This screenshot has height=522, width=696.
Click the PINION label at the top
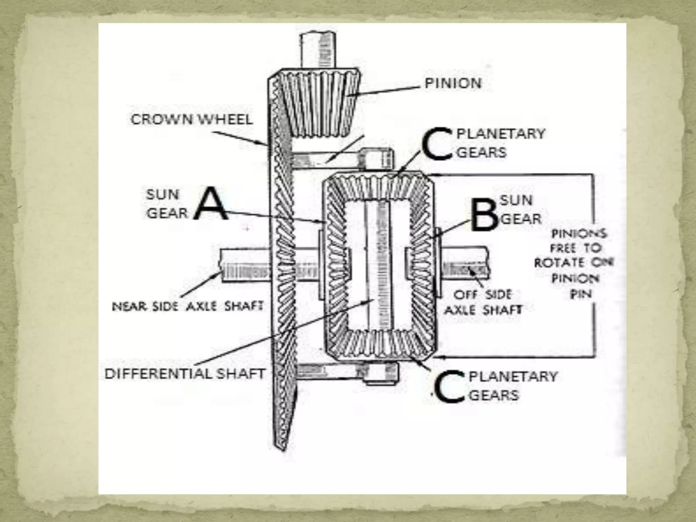(x=453, y=83)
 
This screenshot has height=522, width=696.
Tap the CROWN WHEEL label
(x=192, y=120)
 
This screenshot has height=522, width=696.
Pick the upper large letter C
(x=437, y=143)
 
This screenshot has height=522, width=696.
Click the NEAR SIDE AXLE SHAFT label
(x=188, y=307)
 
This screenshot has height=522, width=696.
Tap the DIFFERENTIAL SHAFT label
(x=185, y=374)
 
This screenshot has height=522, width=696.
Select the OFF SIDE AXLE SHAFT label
(x=483, y=302)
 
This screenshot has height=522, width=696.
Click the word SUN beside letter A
(x=162, y=195)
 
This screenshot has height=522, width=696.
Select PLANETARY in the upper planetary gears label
(x=501, y=134)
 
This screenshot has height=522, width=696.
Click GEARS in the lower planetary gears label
(x=494, y=395)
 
